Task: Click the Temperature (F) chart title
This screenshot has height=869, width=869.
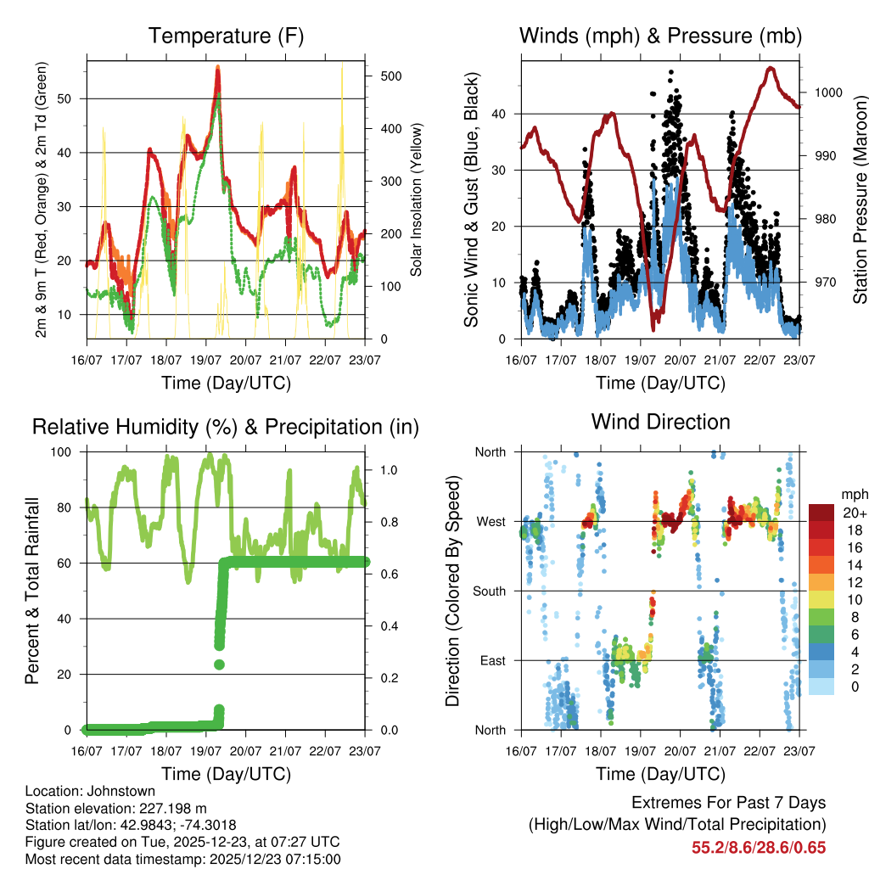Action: click(x=226, y=36)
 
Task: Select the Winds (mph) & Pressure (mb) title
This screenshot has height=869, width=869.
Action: click(x=660, y=36)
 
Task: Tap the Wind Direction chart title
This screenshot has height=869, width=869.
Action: click(x=660, y=422)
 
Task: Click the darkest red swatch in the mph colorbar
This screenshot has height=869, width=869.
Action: click(x=821, y=513)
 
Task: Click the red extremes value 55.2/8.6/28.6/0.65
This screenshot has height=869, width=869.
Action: click(x=759, y=847)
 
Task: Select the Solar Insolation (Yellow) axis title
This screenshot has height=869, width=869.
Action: click(x=417, y=199)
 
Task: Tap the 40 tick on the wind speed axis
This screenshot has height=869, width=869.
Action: click(x=500, y=114)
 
